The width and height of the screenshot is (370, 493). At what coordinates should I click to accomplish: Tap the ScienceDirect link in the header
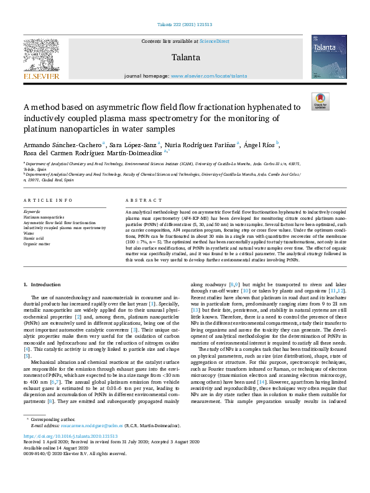[x=213, y=41]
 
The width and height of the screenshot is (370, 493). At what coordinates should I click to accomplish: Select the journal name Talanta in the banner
[x=184, y=57]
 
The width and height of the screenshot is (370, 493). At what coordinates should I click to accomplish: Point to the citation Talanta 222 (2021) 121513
[x=185, y=25]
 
